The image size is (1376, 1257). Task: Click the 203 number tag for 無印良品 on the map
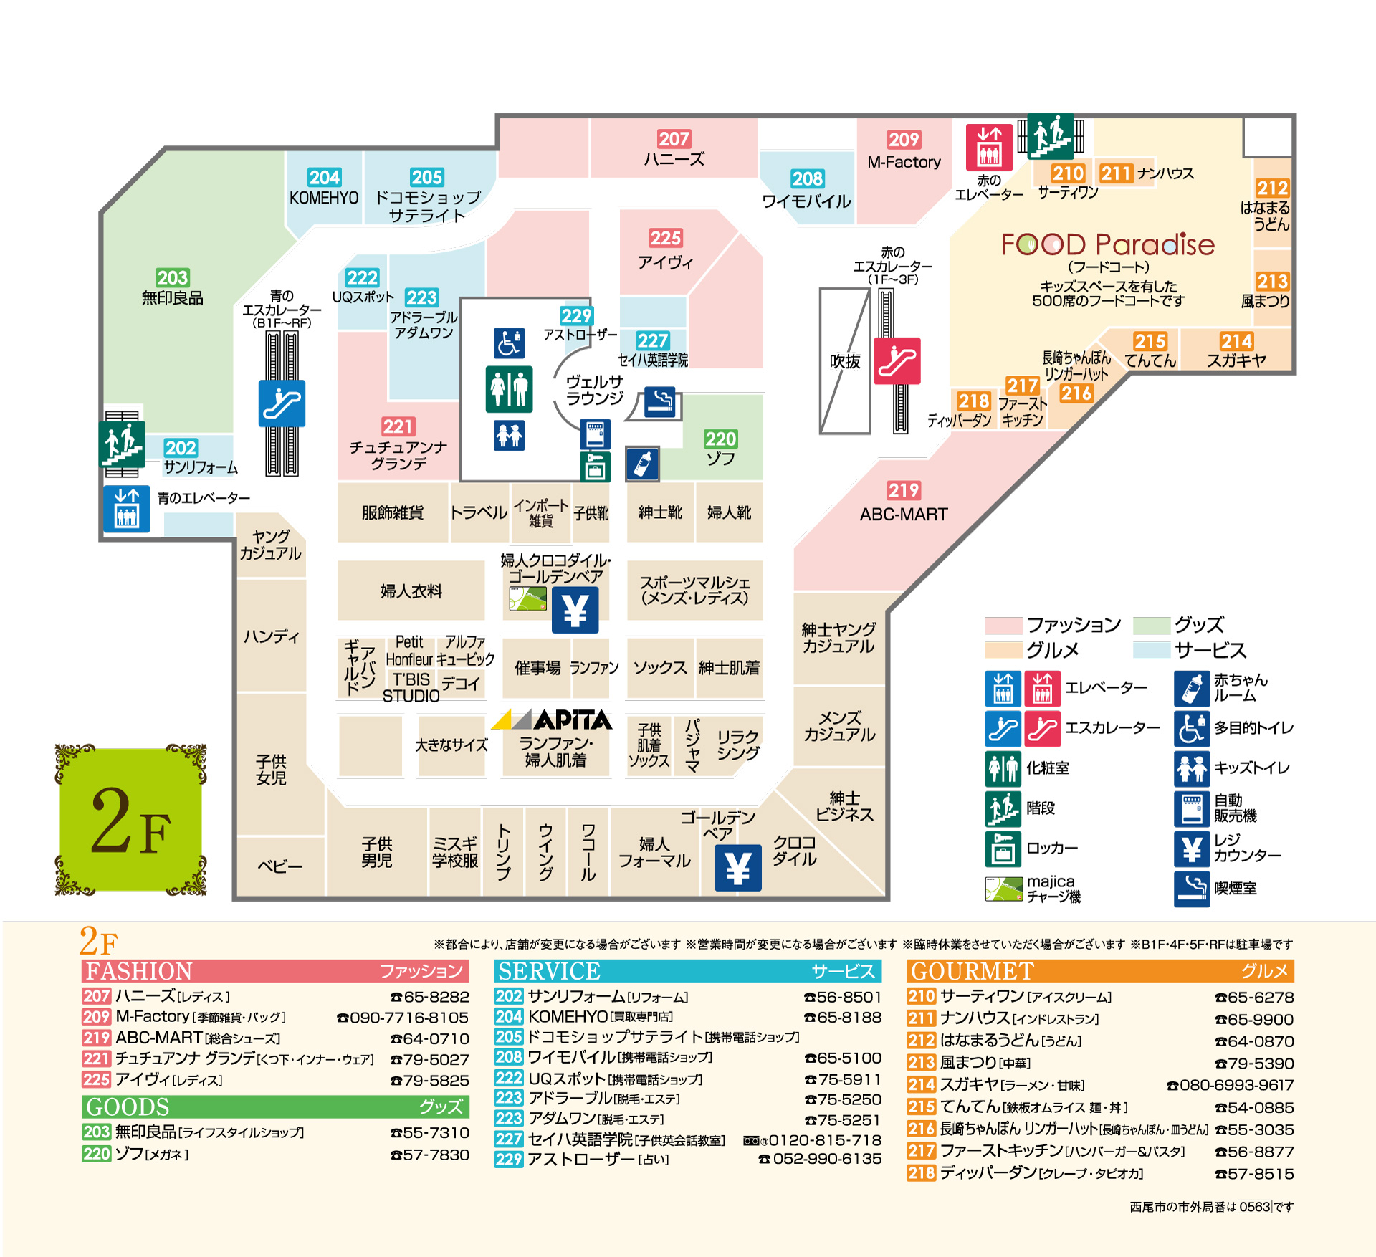(172, 277)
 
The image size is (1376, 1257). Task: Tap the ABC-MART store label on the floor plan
(904, 514)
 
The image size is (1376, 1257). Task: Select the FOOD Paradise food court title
(1108, 244)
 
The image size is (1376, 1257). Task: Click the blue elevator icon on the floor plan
(127, 508)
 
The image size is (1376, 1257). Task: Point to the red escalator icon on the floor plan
(897, 360)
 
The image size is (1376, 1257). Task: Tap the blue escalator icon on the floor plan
(282, 403)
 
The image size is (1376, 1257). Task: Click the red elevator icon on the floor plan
(989, 147)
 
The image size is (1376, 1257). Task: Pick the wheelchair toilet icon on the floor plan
(509, 343)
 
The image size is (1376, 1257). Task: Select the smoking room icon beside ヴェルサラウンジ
(659, 402)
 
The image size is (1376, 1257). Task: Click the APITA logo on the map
(552, 719)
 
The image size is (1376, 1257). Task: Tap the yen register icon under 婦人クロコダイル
(575, 610)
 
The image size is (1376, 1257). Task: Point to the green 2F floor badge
(130, 820)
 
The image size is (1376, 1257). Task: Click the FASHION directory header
(275, 971)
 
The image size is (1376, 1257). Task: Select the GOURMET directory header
(1100, 971)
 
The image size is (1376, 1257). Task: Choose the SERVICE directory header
(687, 971)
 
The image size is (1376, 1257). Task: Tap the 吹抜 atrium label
(845, 361)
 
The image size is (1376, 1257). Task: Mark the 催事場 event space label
(537, 668)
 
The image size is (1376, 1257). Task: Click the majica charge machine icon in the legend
(1004, 889)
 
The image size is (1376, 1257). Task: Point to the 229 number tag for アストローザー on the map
(576, 316)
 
